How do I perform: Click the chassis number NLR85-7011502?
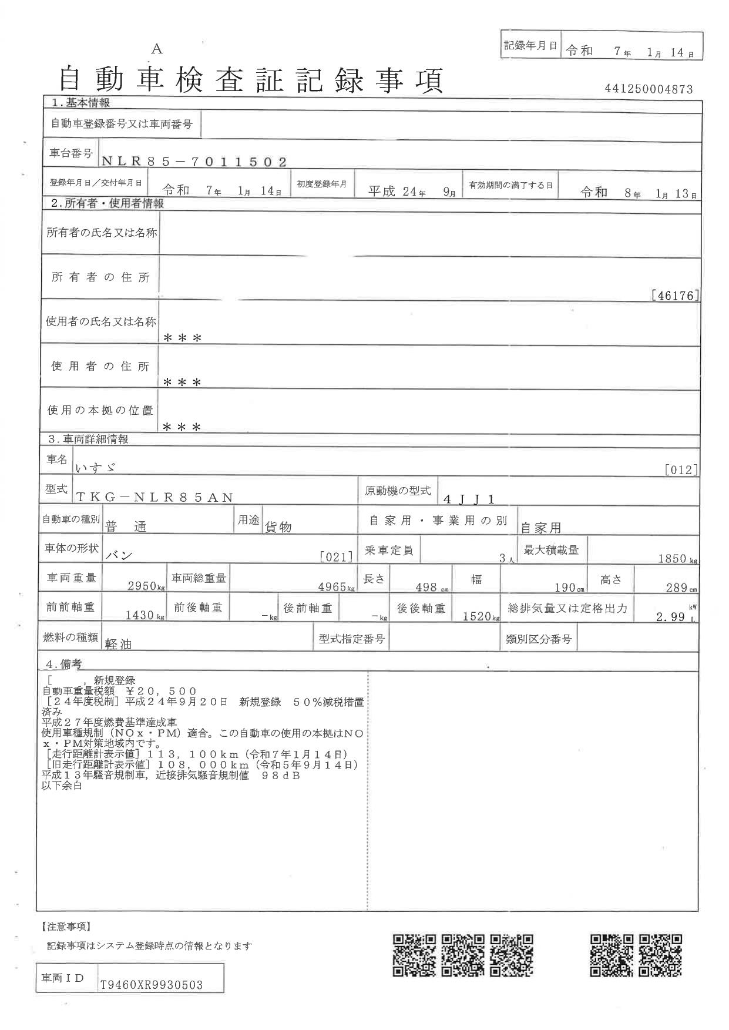click(x=194, y=162)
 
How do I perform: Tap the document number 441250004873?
click(x=649, y=89)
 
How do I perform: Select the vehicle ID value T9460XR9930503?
click(x=152, y=985)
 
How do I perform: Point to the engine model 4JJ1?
click(x=469, y=499)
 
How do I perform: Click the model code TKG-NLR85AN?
click(x=155, y=497)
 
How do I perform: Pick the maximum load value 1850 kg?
click(x=676, y=558)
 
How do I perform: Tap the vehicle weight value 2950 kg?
click(x=145, y=586)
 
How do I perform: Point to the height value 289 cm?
click(x=680, y=587)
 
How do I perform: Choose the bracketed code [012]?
click(x=681, y=469)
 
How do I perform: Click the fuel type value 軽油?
click(x=118, y=644)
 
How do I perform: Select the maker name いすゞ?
click(x=95, y=468)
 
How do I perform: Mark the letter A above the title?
click(x=157, y=49)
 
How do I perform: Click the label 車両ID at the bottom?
click(x=63, y=978)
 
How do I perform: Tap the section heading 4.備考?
click(x=63, y=664)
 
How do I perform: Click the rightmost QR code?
click(x=661, y=955)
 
